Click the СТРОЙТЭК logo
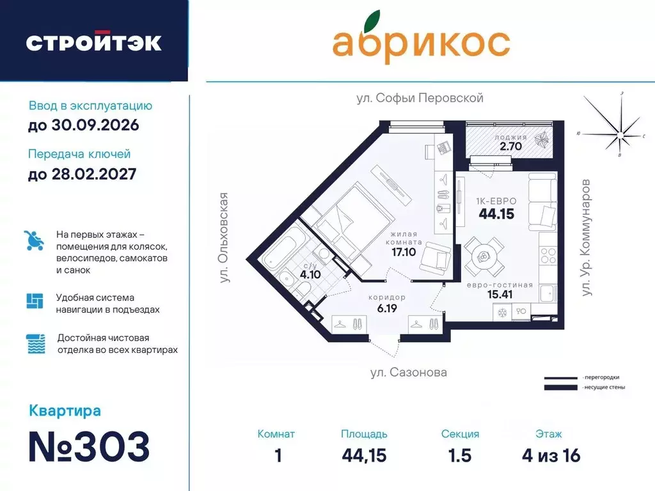[93, 42]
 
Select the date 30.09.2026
[83, 125]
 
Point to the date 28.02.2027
[82, 173]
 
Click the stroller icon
[34, 240]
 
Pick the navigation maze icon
[35, 301]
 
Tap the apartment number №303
[89, 446]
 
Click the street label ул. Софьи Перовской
[420, 98]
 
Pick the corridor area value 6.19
[387, 309]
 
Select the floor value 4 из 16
[551, 456]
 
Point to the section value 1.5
[460, 456]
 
